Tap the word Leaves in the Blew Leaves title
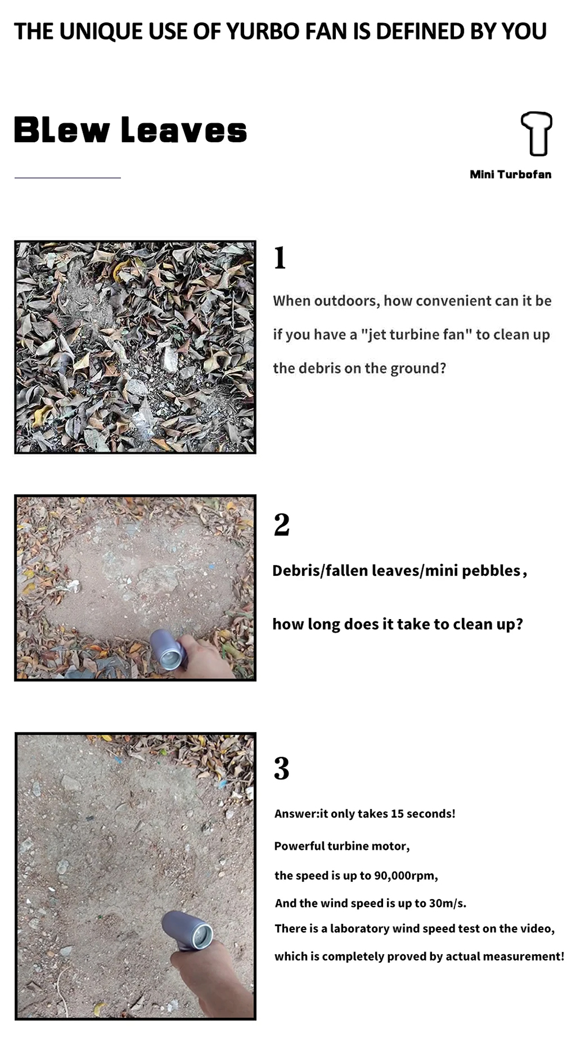coord(184,130)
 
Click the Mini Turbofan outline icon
coord(537,134)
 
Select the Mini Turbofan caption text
coord(510,174)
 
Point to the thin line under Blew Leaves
coord(67,178)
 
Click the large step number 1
coord(280,257)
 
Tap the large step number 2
coord(282,525)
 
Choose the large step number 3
coord(282,768)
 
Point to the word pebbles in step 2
coord(491,570)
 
